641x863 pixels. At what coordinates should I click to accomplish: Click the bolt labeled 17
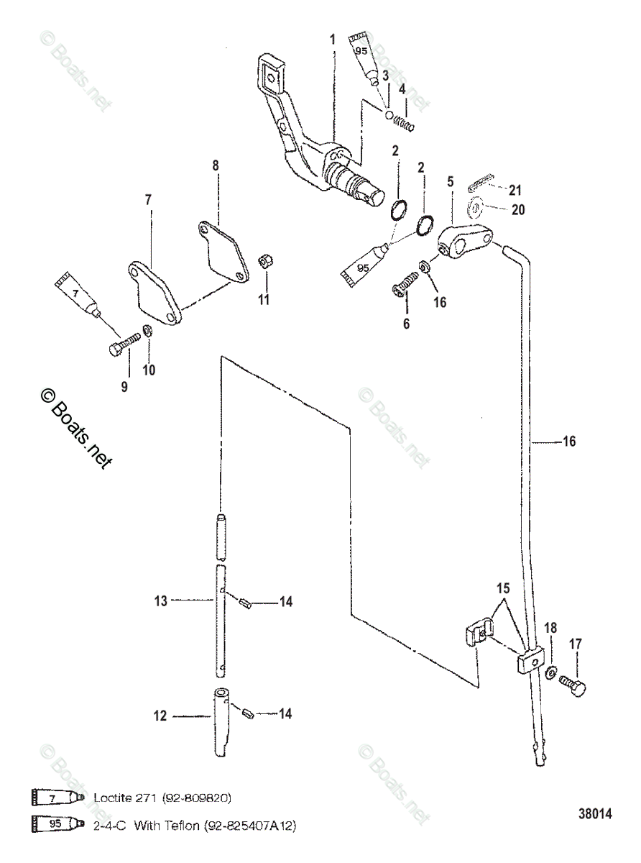coord(572,686)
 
